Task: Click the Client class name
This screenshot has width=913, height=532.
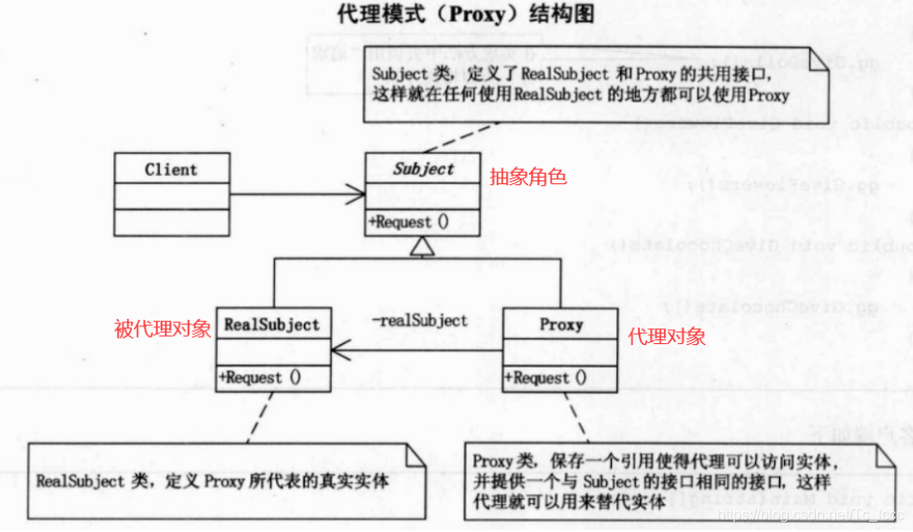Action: point(171,170)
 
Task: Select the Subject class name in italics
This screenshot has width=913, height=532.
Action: point(423,169)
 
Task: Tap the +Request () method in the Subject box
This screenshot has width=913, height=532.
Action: point(408,223)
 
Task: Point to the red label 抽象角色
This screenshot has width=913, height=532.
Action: point(529,176)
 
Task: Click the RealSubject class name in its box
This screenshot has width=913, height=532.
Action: point(271,324)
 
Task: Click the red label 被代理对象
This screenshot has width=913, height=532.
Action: point(163,329)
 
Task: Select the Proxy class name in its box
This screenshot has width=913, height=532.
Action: point(561,324)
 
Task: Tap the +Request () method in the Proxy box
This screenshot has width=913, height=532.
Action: point(545,378)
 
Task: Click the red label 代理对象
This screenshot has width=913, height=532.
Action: point(667,337)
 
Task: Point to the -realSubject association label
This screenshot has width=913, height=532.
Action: point(418,321)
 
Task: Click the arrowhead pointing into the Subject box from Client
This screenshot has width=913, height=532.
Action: point(355,194)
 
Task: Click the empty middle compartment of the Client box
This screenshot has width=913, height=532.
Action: point(171,196)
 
